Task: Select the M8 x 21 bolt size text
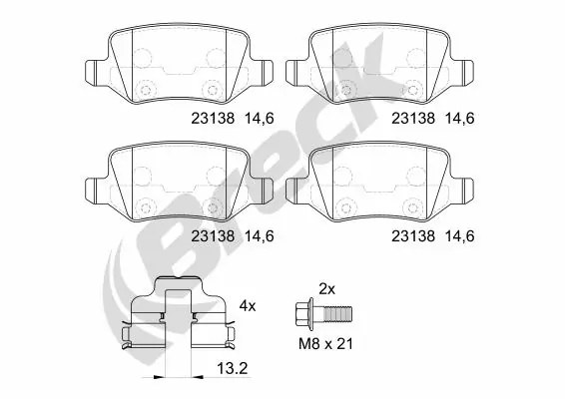tap(326, 344)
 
